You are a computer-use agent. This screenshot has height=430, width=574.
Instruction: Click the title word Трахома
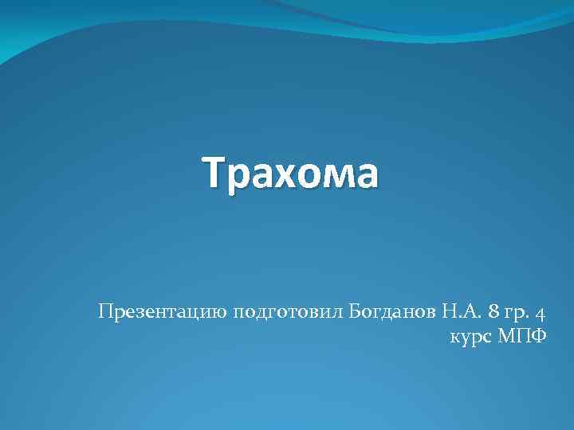click(289, 173)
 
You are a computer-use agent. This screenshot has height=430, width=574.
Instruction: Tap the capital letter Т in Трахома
click(214, 173)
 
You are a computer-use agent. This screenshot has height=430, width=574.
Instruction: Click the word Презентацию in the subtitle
click(163, 311)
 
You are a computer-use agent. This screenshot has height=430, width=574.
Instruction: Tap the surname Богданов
click(391, 311)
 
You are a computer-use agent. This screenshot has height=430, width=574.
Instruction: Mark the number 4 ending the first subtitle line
click(541, 311)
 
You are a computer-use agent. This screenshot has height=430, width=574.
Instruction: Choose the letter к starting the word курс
click(454, 338)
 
